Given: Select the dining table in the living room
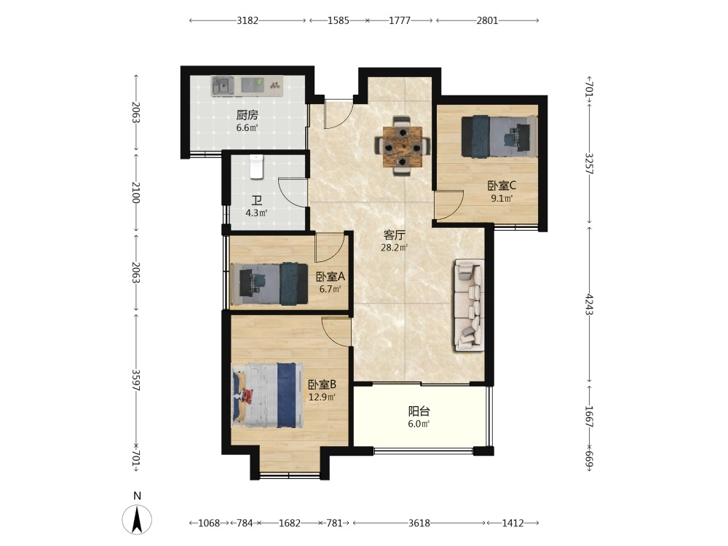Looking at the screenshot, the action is click(403, 146).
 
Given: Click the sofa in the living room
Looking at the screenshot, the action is click(469, 304).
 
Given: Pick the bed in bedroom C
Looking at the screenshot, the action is click(499, 136).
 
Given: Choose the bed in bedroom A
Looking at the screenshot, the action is click(270, 284).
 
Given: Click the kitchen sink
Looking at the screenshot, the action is click(223, 86).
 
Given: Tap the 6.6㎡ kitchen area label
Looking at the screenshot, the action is click(247, 127).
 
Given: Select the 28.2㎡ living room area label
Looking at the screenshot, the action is click(394, 248).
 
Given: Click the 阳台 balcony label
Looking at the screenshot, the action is click(419, 411).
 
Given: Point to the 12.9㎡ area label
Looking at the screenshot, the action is click(322, 397).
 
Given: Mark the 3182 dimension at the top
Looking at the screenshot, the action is click(248, 20).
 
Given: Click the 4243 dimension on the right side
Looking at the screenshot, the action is click(589, 304).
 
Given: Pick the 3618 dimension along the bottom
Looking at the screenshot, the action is click(419, 523).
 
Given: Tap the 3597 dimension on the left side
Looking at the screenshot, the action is click(136, 380).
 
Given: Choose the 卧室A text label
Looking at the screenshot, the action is click(330, 277).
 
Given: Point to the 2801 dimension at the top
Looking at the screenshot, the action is click(487, 20).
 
